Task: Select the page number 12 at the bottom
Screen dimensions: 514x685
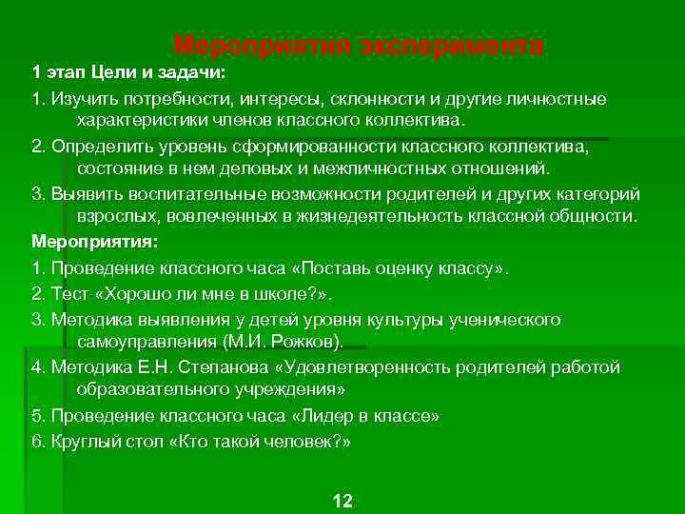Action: [342, 501]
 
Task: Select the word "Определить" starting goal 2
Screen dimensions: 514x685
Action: [100, 148]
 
